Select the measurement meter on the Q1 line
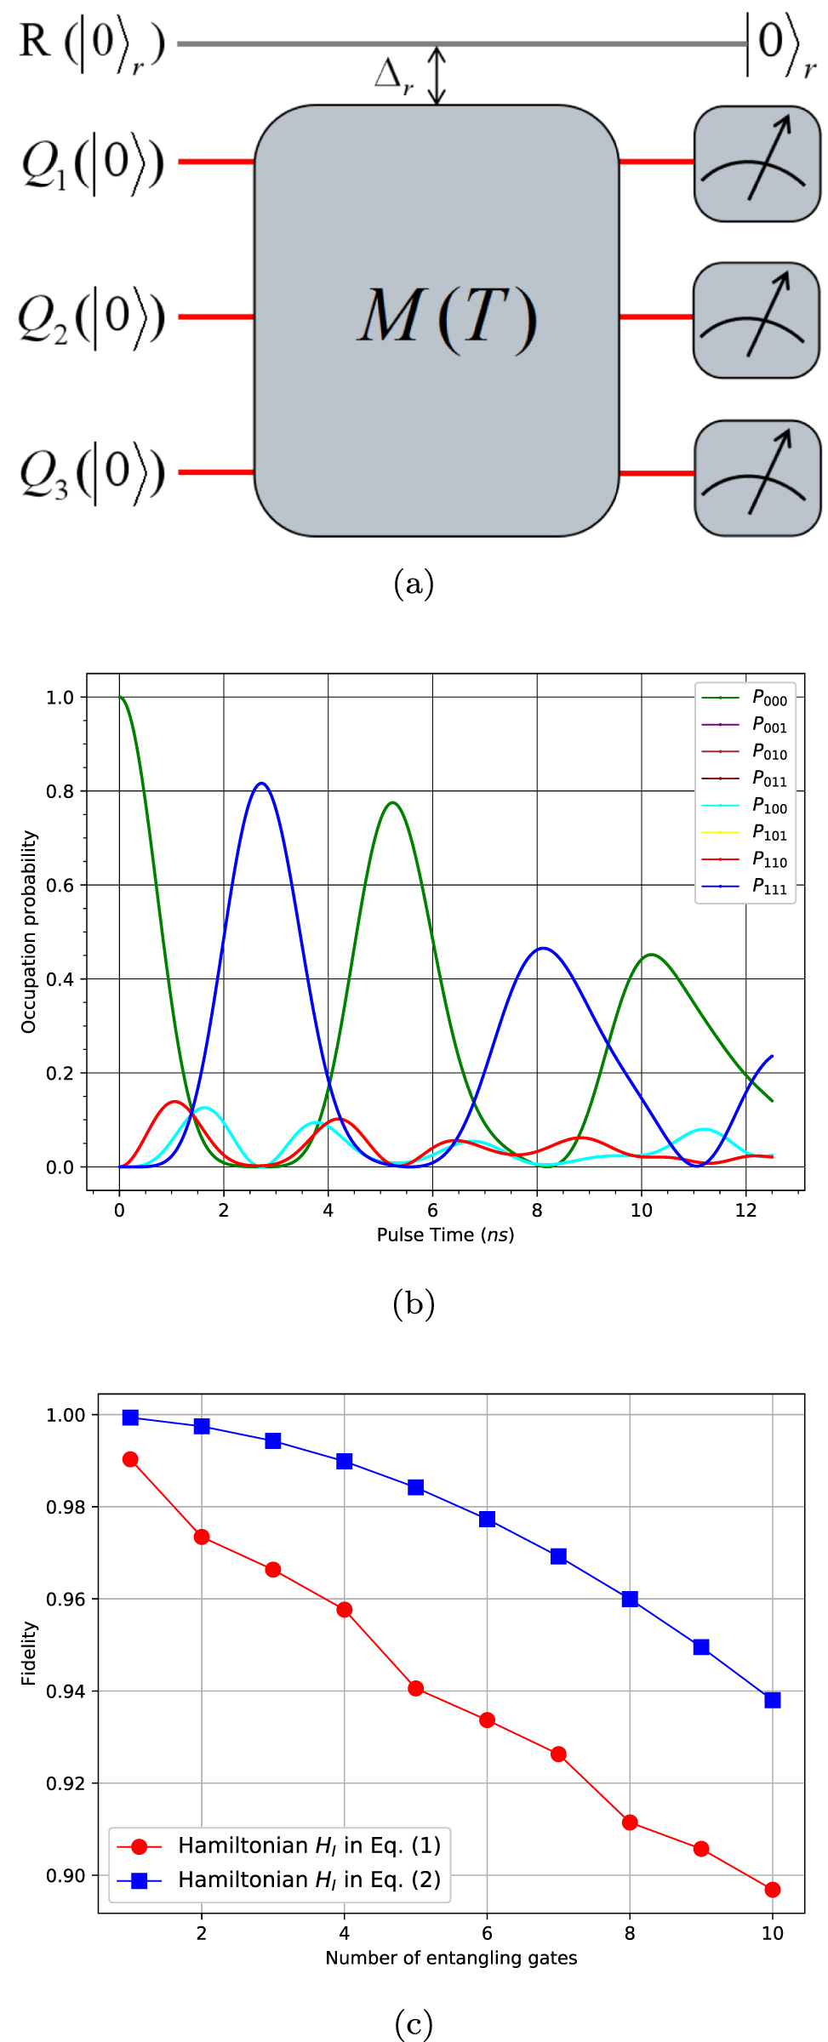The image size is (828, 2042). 757,163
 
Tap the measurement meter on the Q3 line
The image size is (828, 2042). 757,477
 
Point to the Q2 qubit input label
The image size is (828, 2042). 91,318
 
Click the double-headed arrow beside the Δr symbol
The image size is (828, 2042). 436,75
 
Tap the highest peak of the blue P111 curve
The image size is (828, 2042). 261,783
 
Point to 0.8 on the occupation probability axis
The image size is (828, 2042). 60,791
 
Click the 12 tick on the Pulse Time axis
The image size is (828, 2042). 745,1210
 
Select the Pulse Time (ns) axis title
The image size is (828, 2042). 445,1235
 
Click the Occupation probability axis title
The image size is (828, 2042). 29,932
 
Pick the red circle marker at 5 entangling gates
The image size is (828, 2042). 415,1688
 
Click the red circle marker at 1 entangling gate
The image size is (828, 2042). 130,1459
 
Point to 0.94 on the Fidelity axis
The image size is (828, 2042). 65,1691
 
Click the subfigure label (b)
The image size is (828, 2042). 414,1303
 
